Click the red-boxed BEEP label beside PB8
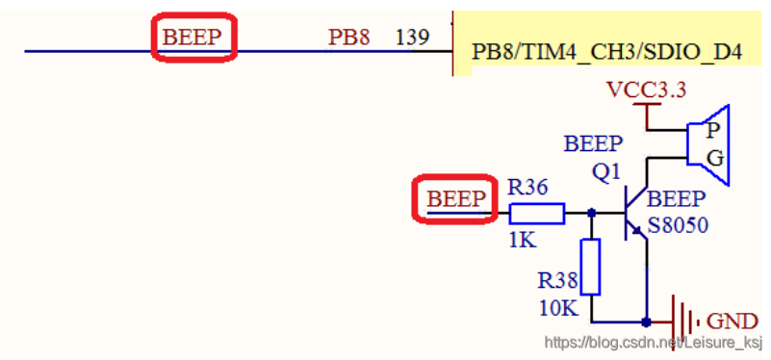click(x=192, y=37)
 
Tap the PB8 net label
click(x=348, y=37)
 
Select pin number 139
click(x=413, y=37)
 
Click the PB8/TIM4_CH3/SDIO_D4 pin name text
click(x=606, y=52)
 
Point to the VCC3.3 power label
click(x=647, y=90)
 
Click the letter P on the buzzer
click(x=713, y=130)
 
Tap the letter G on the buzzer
click(x=714, y=159)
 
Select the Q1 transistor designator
click(x=607, y=172)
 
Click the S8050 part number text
click(x=678, y=225)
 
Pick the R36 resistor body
click(x=536, y=214)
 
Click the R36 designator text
click(x=527, y=188)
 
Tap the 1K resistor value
click(x=523, y=240)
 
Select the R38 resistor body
click(x=591, y=267)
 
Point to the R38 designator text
click(x=557, y=281)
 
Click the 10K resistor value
click(x=557, y=308)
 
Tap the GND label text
click(x=732, y=321)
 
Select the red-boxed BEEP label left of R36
click(x=456, y=198)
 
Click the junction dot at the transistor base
click(x=592, y=213)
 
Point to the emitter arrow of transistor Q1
click(x=638, y=230)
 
